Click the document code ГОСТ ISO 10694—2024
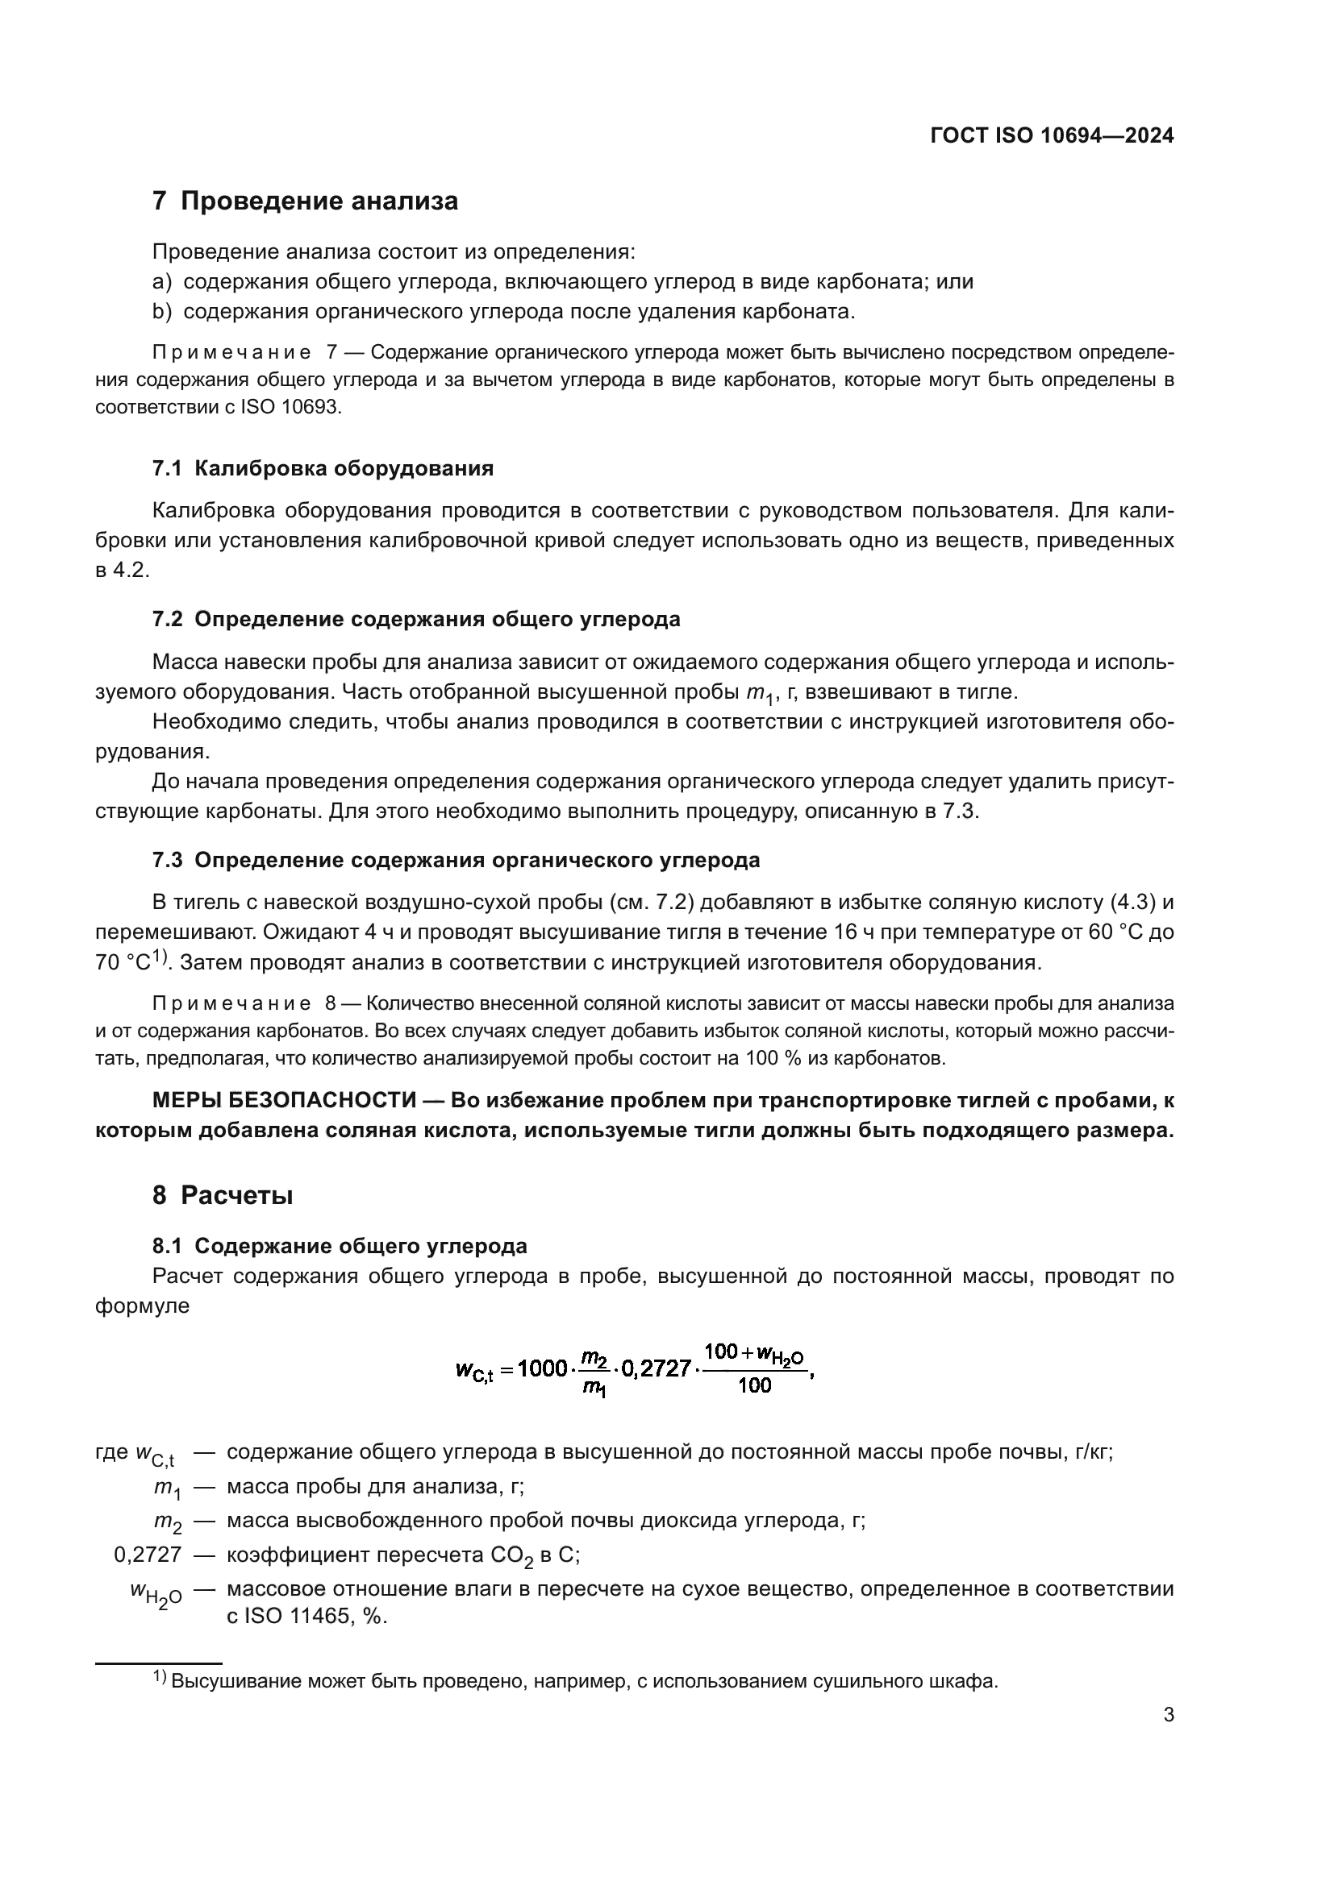point(1052,136)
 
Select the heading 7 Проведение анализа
point(305,201)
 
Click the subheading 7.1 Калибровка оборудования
point(323,469)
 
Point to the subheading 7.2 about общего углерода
point(416,619)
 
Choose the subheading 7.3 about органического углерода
point(456,861)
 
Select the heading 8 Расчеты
point(223,1195)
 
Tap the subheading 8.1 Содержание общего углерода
point(340,1246)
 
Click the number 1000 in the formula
point(543,1368)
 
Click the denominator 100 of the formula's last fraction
point(755,1386)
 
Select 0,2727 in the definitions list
point(148,1555)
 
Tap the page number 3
point(1168,1714)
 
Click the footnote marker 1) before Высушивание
point(160,1678)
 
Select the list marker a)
point(162,281)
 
